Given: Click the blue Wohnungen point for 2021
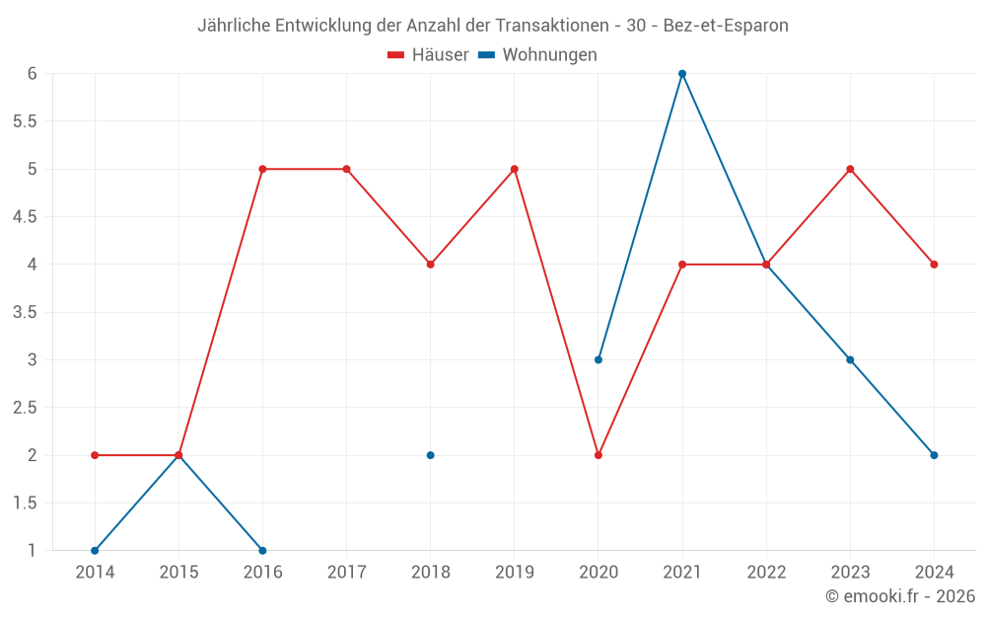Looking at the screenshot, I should point(682,74).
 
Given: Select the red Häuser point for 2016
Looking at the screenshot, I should point(262,169).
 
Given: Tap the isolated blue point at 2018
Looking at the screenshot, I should point(431,455).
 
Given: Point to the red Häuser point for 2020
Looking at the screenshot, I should point(599,455).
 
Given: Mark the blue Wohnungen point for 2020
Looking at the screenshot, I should point(599,359).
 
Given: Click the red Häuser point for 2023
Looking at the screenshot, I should point(850,169).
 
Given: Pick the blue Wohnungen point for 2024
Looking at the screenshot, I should point(934,455).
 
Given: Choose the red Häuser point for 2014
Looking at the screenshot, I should point(95,455).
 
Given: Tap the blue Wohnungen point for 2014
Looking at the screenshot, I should point(95,550).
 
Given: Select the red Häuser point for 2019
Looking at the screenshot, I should point(515,169).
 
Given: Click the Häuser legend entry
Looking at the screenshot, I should point(428,55).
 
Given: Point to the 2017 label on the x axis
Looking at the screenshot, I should point(346,573).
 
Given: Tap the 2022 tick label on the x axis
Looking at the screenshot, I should point(766,573).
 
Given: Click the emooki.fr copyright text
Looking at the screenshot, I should point(900,596).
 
